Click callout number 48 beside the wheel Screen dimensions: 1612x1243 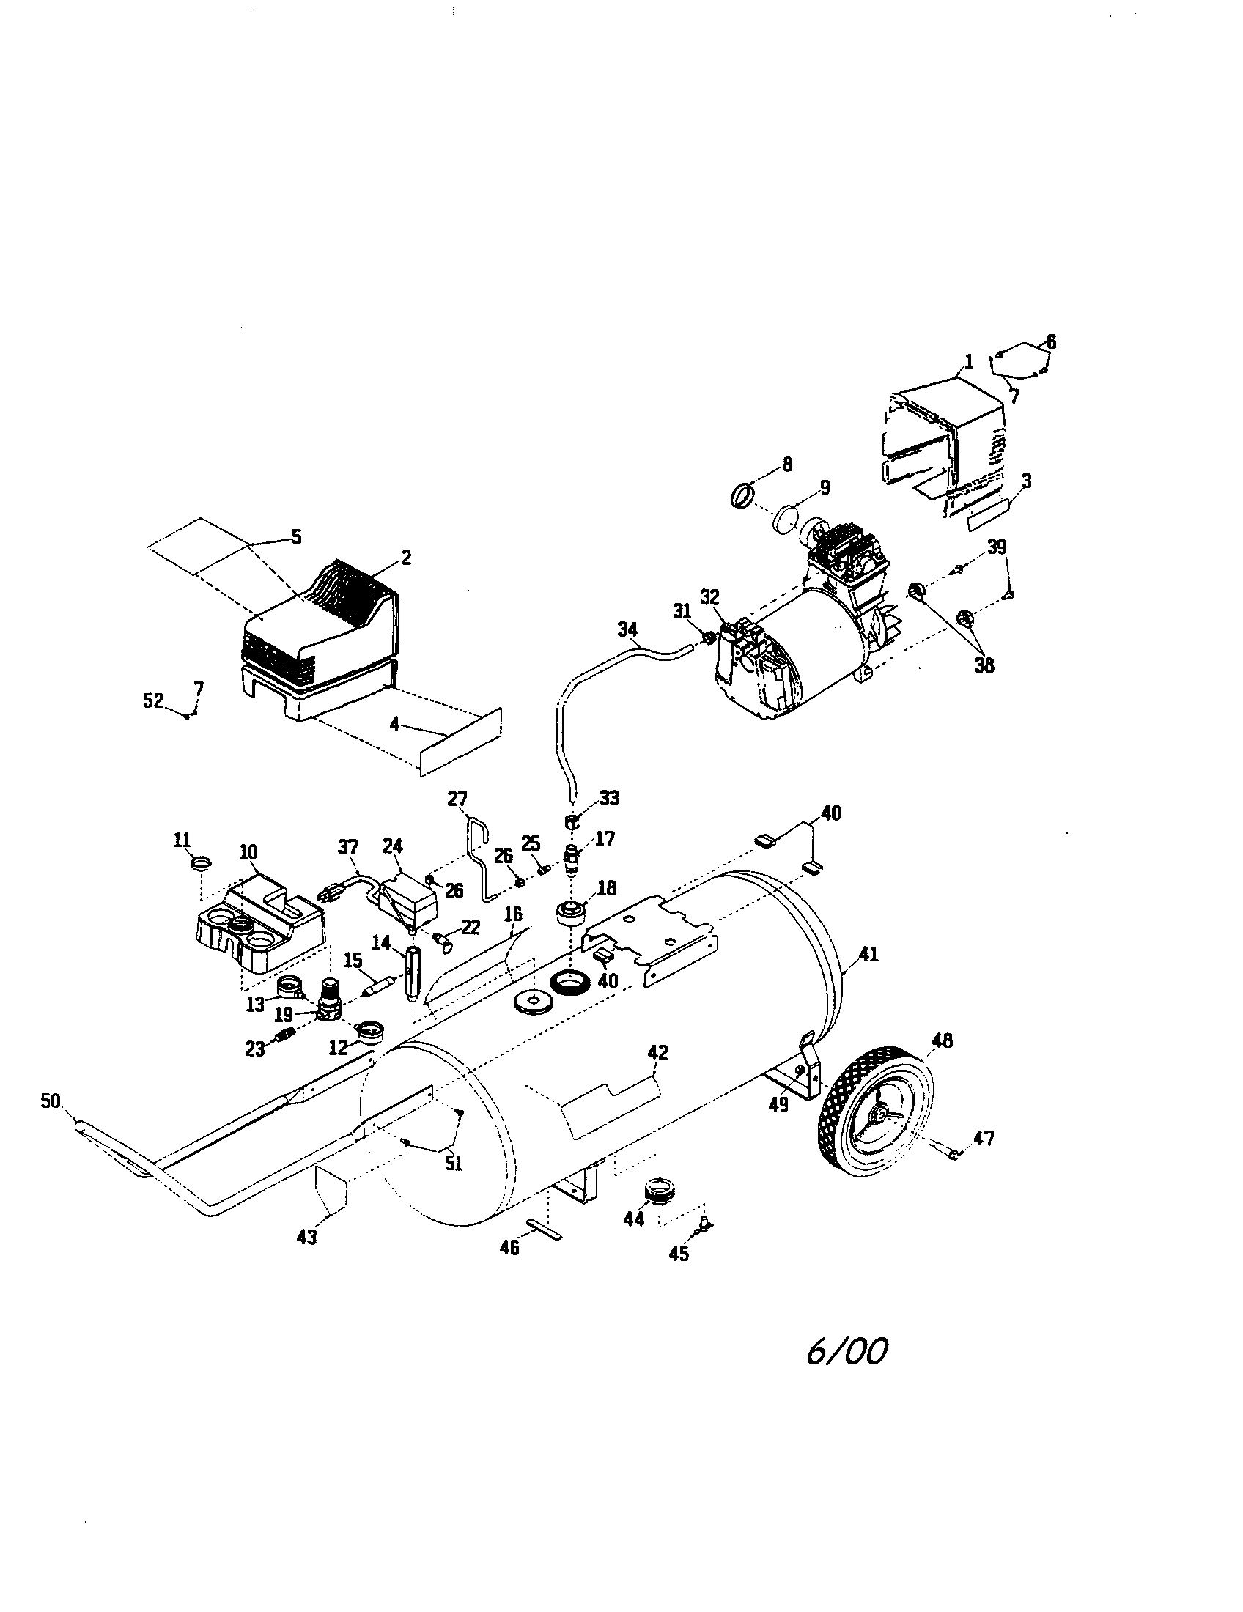[x=942, y=1040]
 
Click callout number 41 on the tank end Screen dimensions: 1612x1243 [x=868, y=953]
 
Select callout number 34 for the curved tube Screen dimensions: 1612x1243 [x=628, y=629]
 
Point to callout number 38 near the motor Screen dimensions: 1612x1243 [x=984, y=665]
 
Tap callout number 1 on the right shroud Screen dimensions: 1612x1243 [x=968, y=362]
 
